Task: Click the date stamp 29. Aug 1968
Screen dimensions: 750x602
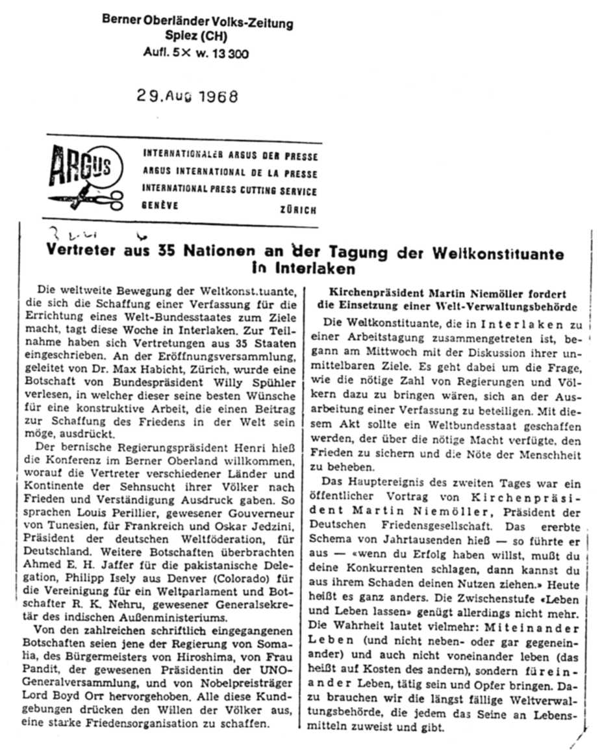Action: tap(187, 97)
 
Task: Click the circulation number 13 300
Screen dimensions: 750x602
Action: tap(229, 54)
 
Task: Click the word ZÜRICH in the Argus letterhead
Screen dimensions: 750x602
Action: tap(299, 211)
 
